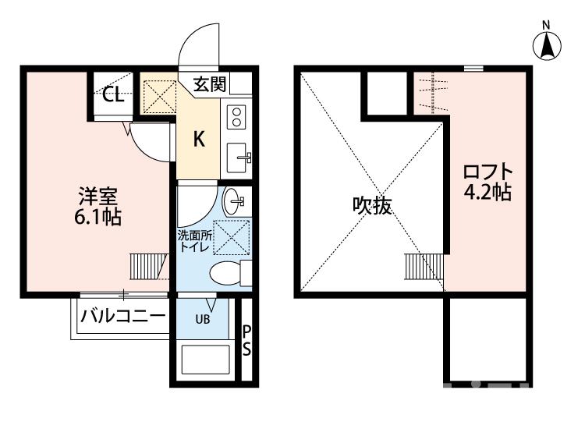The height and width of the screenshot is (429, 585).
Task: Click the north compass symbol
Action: click(549, 46)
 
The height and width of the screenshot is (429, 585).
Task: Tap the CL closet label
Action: click(113, 95)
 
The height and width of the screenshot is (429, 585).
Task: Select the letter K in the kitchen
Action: click(199, 140)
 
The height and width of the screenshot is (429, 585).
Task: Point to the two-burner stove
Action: click(236, 117)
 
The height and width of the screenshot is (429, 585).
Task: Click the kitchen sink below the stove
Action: click(237, 158)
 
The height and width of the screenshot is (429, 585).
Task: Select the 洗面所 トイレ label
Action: click(194, 240)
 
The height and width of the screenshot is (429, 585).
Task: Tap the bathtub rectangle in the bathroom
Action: click(206, 361)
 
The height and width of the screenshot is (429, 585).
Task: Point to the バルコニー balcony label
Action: click(123, 317)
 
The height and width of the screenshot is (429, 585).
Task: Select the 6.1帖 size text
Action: click(97, 216)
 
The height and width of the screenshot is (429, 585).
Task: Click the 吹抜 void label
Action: click(371, 206)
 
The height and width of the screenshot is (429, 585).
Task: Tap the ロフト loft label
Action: click(487, 172)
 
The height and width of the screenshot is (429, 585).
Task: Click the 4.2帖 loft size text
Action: click(487, 192)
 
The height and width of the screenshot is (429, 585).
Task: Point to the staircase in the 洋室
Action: click(145, 266)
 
